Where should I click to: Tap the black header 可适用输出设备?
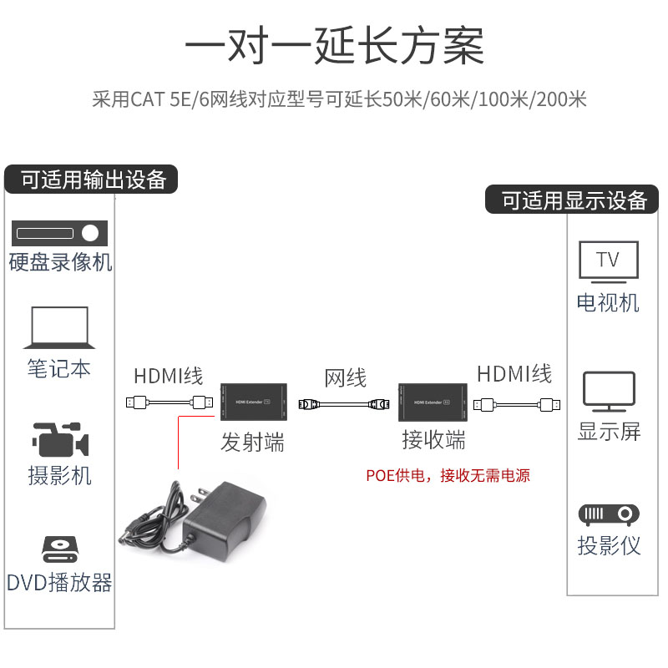coord(93,180)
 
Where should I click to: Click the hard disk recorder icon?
coord(60,233)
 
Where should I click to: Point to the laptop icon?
coord(59,326)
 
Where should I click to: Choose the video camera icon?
coord(59,439)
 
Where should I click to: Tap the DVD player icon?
coord(59,549)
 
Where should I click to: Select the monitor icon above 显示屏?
coord(609,392)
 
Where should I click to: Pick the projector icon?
coord(609,514)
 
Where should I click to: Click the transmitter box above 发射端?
coord(254,402)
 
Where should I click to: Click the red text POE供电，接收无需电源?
coord(448,476)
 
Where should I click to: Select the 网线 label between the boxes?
coord(345,378)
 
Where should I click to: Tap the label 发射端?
coord(252,442)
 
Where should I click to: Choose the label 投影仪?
coord(609,545)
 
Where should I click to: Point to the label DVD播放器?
coord(59,582)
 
